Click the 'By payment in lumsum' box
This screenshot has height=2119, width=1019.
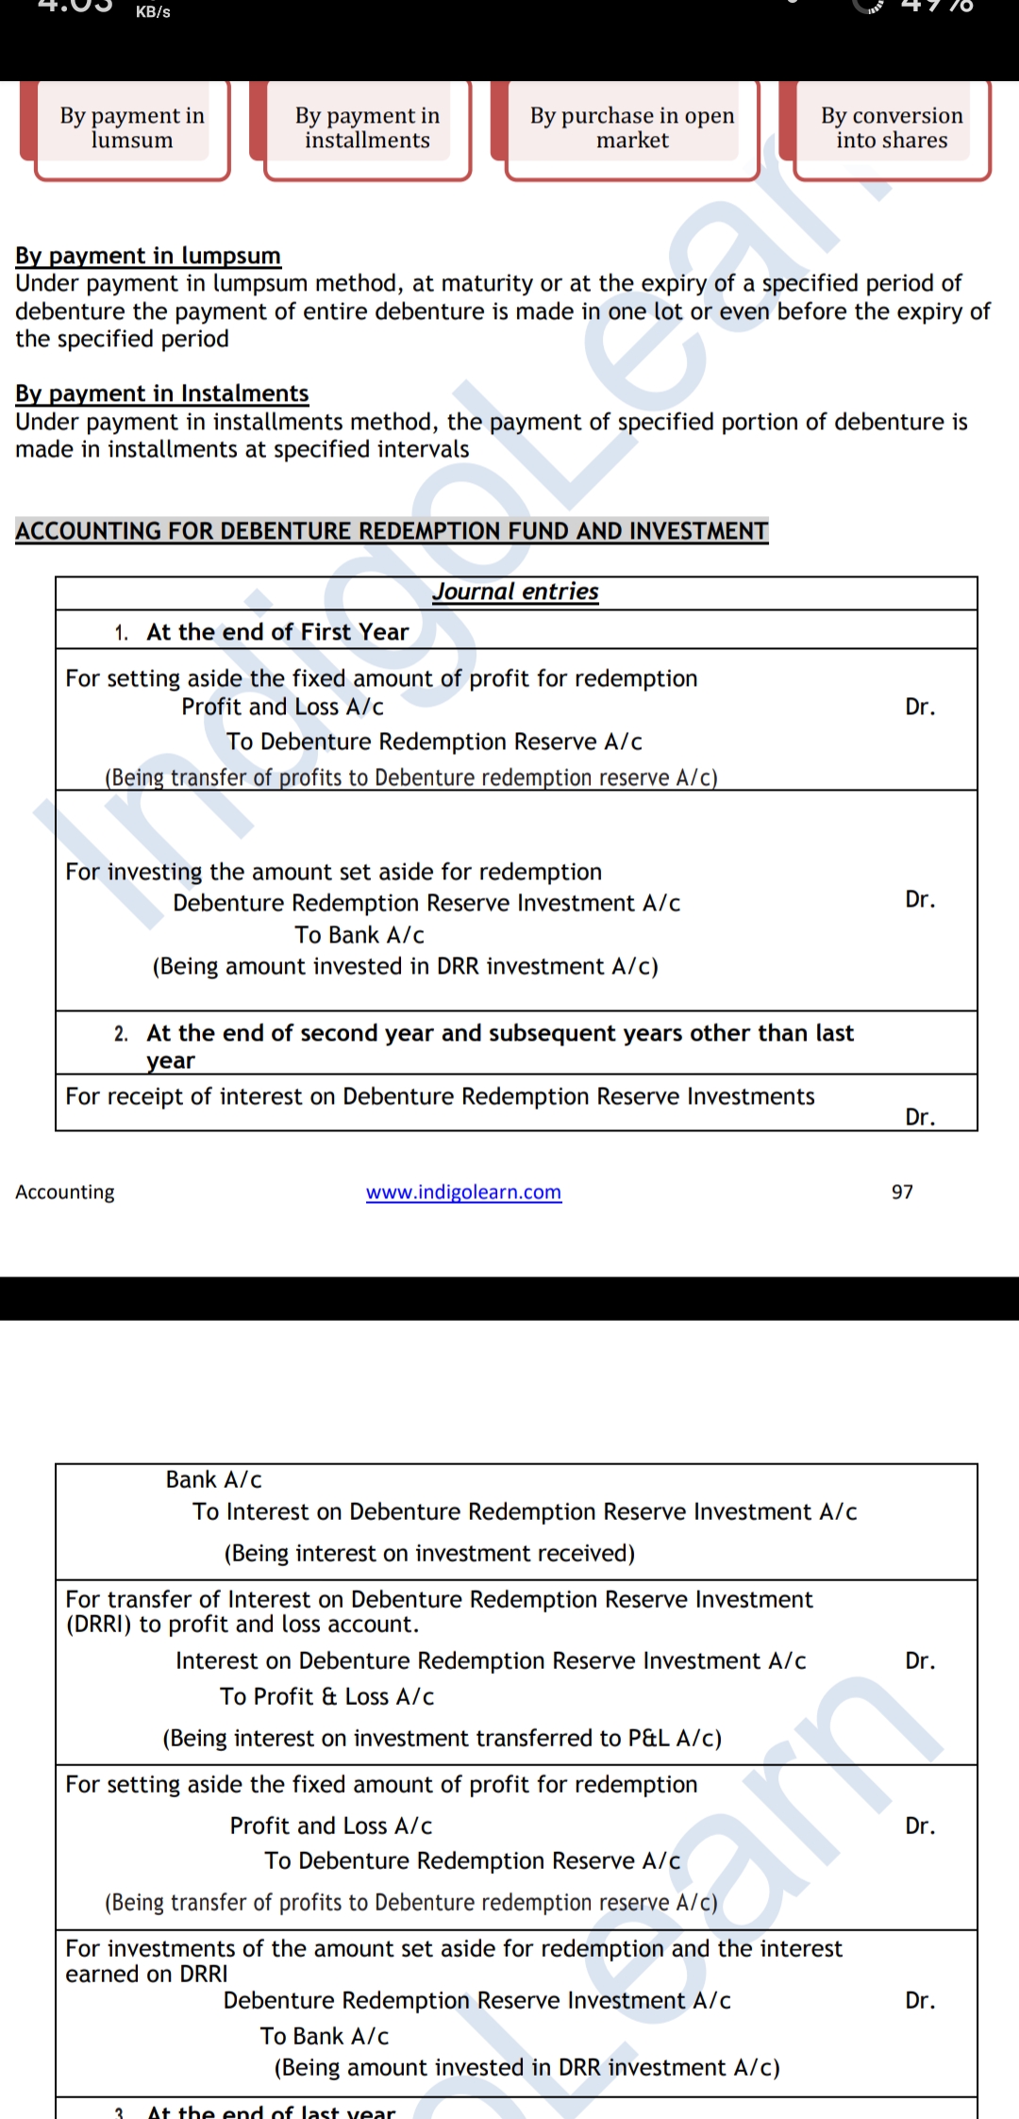tap(132, 128)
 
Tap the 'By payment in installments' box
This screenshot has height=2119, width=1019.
tap(367, 128)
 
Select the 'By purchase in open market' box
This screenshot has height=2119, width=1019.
tap(632, 128)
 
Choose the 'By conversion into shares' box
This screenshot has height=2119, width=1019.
tap(892, 128)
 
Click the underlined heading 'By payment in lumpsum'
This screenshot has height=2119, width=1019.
tap(148, 256)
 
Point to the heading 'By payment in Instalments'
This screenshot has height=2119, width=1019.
tap(162, 393)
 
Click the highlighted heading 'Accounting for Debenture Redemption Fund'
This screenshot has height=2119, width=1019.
tap(392, 531)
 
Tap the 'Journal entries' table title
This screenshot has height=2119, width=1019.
tap(516, 592)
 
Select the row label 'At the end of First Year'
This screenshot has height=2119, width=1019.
tap(277, 632)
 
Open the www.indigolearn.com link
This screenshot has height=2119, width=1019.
tap(463, 1192)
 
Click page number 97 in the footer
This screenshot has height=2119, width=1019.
tap(902, 1192)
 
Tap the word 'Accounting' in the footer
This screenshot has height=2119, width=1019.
tap(65, 1192)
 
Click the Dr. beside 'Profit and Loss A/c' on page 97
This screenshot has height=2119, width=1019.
tap(920, 707)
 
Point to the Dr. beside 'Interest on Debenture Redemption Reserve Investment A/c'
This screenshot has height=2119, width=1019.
tap(920, 1660)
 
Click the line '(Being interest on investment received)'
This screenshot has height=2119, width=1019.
tap(429, 1553)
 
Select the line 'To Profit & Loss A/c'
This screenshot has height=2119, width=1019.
tap(327, 1696)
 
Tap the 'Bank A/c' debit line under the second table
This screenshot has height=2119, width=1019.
tap(214, 1479)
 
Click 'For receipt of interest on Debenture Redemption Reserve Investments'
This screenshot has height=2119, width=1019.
tap(440, 1096)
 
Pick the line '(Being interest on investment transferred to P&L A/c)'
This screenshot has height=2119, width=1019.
tap(442, 1738)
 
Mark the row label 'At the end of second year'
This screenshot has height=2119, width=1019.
tap(500, 1034)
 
